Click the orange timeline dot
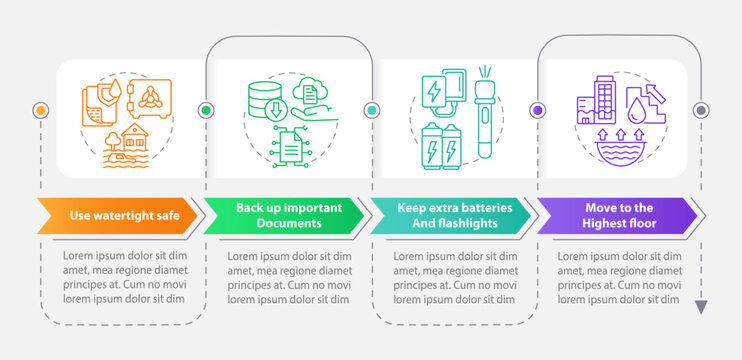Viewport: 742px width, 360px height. (40, 109)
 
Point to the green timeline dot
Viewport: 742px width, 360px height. (206, 109)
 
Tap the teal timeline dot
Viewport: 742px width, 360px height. (371, 109)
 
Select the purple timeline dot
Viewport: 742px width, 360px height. (538, 109)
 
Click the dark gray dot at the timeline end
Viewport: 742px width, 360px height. (701, 109)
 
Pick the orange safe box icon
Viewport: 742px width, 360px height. (148, 103)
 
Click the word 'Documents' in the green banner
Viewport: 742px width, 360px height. (289, 223)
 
